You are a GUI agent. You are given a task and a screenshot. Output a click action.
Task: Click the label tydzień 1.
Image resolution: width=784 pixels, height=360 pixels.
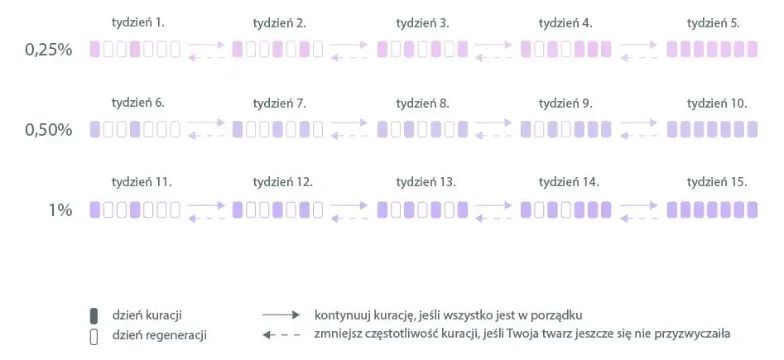[x=138, y=23]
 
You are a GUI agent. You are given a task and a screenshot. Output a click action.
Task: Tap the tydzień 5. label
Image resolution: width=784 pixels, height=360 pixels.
[x=714, y=23]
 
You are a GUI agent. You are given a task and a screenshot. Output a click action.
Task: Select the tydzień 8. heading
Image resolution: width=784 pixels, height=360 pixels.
[x=422, y=103]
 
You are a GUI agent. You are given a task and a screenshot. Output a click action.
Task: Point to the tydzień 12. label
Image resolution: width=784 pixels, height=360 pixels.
[x=283, y=183]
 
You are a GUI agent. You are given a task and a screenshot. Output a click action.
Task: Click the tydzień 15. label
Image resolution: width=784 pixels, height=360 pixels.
[x=717, y=183]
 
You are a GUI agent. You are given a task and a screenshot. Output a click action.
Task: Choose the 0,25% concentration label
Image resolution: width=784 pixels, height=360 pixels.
[x=49, y=50]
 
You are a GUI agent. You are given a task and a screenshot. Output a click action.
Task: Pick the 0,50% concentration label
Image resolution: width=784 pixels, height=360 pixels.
[x=49, y=130]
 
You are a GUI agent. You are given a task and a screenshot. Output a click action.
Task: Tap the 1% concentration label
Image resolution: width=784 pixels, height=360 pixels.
[x=60, y=210]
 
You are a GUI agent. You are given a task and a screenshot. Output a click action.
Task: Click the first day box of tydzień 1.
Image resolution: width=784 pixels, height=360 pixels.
[x=94, y=50]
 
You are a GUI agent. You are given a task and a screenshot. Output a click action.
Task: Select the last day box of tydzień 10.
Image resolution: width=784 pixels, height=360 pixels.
[x=752, y=129]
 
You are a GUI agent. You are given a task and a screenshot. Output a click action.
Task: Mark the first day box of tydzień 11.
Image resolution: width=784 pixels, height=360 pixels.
[x=94, y=210]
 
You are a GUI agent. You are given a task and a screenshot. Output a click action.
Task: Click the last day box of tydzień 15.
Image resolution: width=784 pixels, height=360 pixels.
[x=752, y=210]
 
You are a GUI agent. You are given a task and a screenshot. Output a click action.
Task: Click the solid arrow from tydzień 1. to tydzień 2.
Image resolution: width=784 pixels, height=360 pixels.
[x=206, y=45]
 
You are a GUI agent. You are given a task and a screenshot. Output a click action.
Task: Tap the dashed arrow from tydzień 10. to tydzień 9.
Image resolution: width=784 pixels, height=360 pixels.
[x=639, y=136]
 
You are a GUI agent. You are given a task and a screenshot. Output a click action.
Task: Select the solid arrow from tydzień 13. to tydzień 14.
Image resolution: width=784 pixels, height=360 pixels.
[x=493, y=205]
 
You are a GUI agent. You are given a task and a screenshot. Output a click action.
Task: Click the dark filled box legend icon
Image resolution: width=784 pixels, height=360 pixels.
[x=94, y=316]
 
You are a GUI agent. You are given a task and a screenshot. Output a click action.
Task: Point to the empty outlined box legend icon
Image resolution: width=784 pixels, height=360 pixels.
[x=94, y=337]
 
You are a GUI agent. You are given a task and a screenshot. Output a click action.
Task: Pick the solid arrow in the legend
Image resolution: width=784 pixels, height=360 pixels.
[x=281, y=315]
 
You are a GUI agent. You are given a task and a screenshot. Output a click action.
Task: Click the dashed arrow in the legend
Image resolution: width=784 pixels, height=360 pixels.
[x=281, y=334]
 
